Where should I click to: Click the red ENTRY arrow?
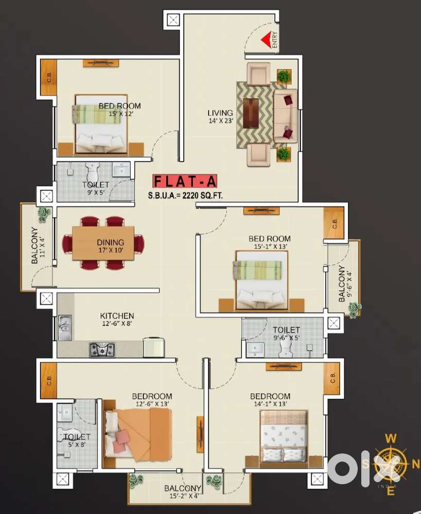click(266, 41)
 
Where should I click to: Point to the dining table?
click(103, 243)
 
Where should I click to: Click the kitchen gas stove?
click(101, 349)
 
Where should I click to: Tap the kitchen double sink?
click(65, 328)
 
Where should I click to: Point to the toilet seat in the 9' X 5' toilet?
click(93, 170)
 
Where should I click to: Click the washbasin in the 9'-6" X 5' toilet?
click(255, 349)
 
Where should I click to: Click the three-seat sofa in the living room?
click(285, 116)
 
